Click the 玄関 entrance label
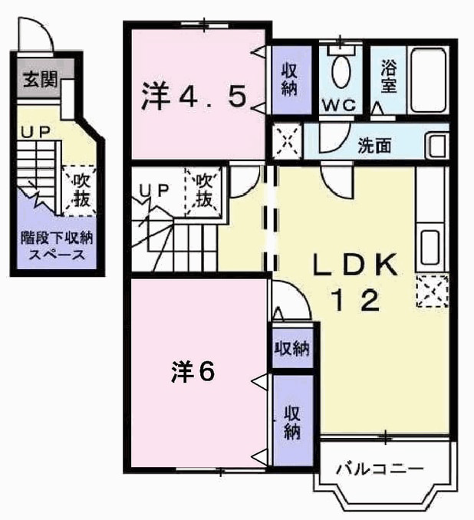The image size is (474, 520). click(40, 80)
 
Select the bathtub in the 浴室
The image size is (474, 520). click(428, 81)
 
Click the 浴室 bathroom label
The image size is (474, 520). click(388, 76)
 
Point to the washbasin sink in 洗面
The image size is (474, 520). click(437, 145)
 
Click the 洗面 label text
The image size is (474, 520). click(374, 145)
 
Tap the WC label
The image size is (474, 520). click(339, 106)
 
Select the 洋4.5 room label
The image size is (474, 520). click(194, 95)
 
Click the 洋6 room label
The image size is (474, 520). click(193, 371)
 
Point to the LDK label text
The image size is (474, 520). click(356, 265)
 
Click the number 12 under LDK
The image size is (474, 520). click(357, 300)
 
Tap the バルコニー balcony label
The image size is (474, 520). click(380, 469)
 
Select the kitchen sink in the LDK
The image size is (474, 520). click(430, 248)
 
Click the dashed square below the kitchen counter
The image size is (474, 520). click(433, 291)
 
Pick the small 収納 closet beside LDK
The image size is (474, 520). click(292, 348)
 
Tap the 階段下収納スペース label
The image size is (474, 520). click(57, 246)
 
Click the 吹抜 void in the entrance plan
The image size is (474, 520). click(80, 190)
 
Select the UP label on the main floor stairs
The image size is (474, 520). click(154, 190)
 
